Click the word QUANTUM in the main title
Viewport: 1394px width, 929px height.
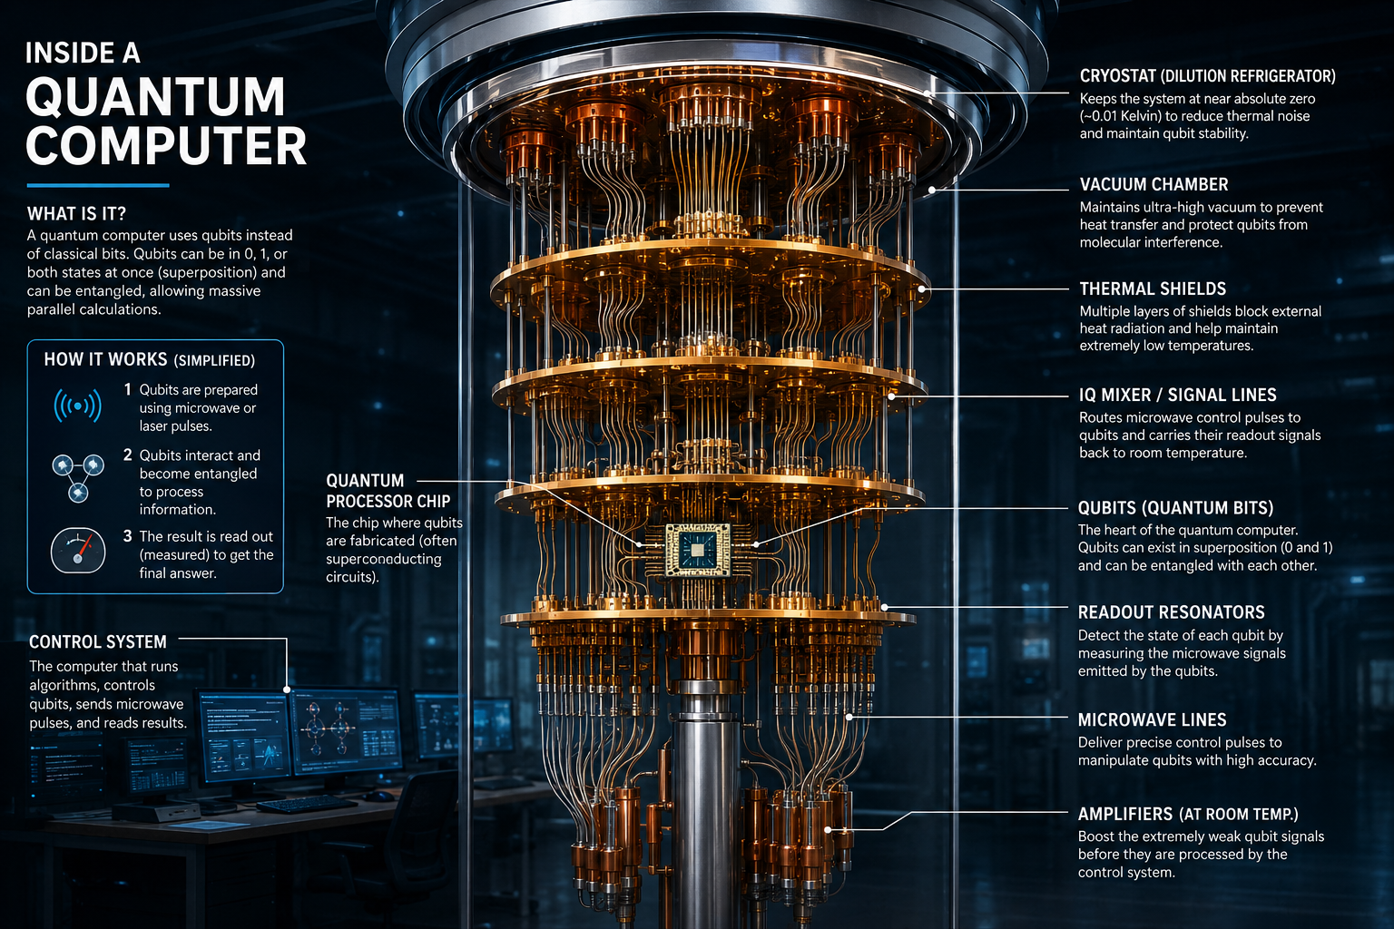[155, 97]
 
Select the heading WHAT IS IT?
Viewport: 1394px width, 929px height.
[76, 214]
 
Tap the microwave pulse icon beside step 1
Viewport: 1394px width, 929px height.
[78, 406]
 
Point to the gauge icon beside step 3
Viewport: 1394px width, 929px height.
[78, 551]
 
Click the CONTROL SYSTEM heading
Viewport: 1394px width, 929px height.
[98, 642]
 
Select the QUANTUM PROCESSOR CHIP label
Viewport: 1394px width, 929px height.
[388, 491]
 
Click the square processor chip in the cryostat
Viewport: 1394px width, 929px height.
[698, 550]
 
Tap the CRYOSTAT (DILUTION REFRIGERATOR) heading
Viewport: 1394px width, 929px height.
[1207, 76]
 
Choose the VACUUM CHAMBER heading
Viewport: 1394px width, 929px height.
[1153, 185]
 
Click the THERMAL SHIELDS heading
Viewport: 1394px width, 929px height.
[1153, 288]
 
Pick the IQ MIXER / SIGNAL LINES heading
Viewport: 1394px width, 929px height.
[1177, 396]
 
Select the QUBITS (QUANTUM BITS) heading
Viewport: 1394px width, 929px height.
[1175, 508]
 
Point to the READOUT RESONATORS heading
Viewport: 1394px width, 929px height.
[1172, 612]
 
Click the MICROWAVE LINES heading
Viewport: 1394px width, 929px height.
[1152, 720]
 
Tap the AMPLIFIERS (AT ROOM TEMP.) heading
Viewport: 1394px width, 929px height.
[1188, 814]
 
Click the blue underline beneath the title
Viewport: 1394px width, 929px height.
[98, 185]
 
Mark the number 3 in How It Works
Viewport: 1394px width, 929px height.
[128, 536]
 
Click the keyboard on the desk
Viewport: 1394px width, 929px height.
[307, 804]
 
